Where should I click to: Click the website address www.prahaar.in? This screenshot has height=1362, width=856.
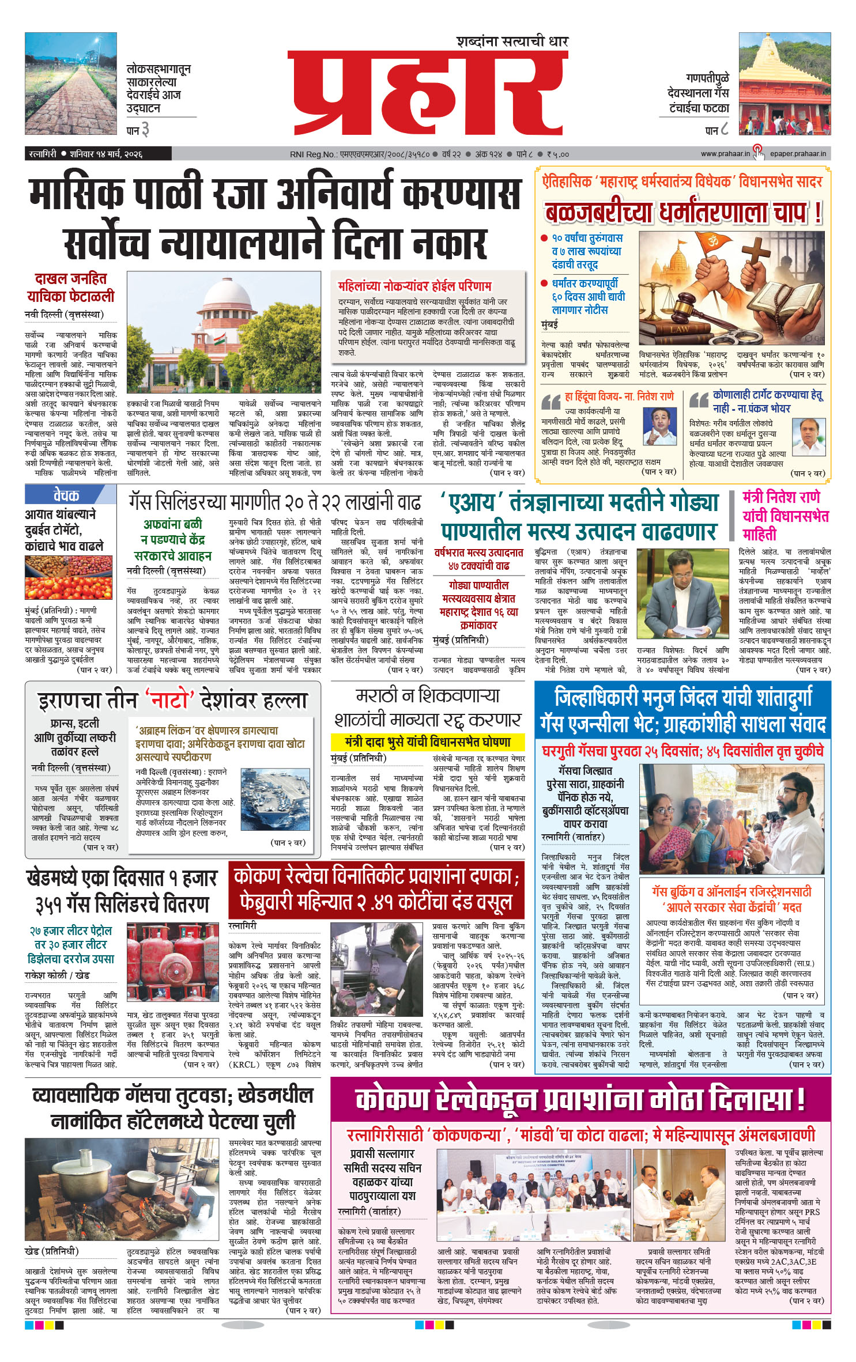725,154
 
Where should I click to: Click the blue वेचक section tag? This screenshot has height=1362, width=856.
67,495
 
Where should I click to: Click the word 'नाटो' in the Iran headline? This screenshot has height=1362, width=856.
169,701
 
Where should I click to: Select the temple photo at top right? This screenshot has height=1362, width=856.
785,84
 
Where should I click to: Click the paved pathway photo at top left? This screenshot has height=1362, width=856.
71,84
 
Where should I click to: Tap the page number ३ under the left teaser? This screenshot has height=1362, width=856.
145,130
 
